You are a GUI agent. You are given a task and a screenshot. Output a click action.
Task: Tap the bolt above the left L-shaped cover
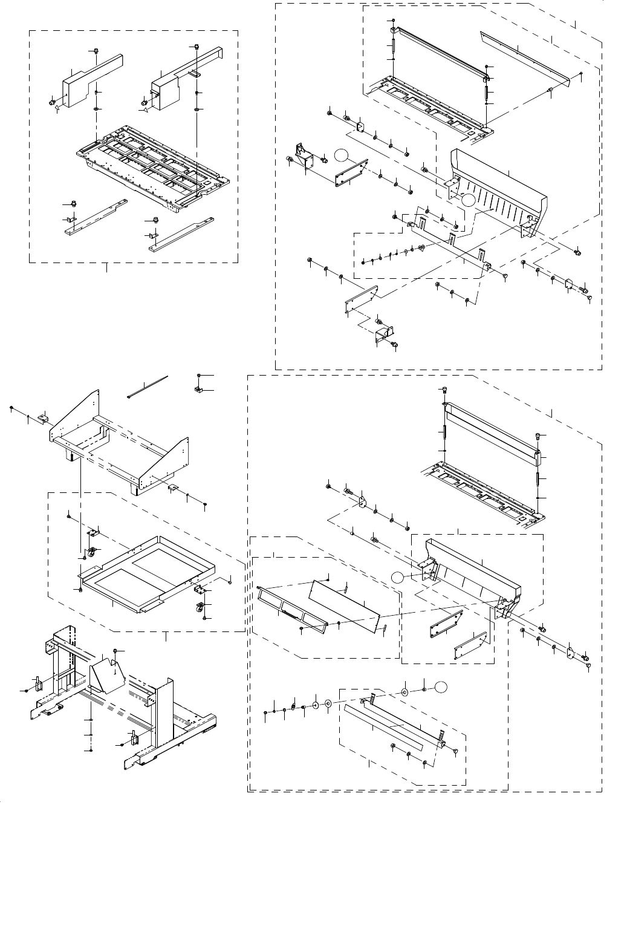point(97,50)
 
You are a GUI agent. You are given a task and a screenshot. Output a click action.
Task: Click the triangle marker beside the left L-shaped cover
point(57,110)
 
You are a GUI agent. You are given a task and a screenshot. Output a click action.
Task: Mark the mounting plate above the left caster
point(93,532)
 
